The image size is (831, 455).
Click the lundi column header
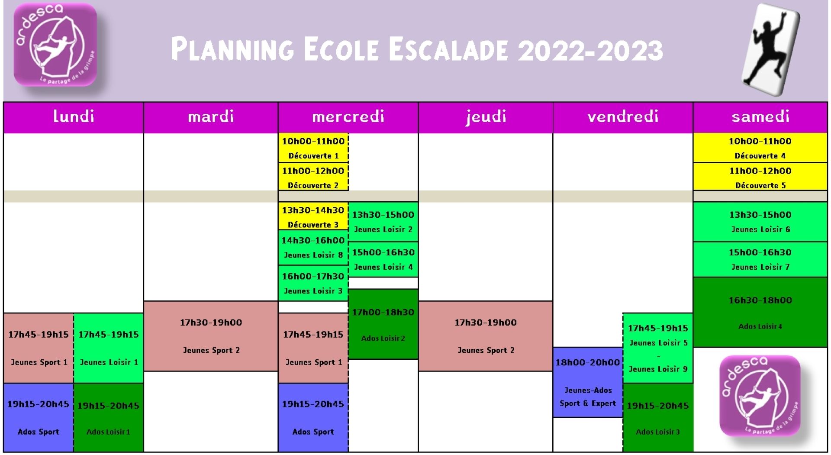click(74, 117)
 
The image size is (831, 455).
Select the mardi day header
click(211, 117)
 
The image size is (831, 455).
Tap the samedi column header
click(760, 117)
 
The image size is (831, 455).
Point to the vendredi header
click(623, 117)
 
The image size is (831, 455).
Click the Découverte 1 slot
click(313, 148)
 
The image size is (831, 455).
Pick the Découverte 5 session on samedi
click(760, 177)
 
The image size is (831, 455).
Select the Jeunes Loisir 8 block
click(313, 247)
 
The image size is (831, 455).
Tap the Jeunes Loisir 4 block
click(383, 259)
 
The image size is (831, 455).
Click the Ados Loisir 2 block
click(383, 324)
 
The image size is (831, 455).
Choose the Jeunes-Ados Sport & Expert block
click(588, 382)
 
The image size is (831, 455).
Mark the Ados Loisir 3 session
click(658, 418)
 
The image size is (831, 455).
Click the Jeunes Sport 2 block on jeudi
click(486, 336)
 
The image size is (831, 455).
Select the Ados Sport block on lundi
click(39, 418)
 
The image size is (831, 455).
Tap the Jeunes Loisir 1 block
click(109, 348)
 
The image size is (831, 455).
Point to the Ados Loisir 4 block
click(760, 312)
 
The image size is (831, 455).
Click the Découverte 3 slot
click(313, 216)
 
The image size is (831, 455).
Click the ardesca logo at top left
click(55, 45)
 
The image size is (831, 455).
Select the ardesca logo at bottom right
click(760, 396)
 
